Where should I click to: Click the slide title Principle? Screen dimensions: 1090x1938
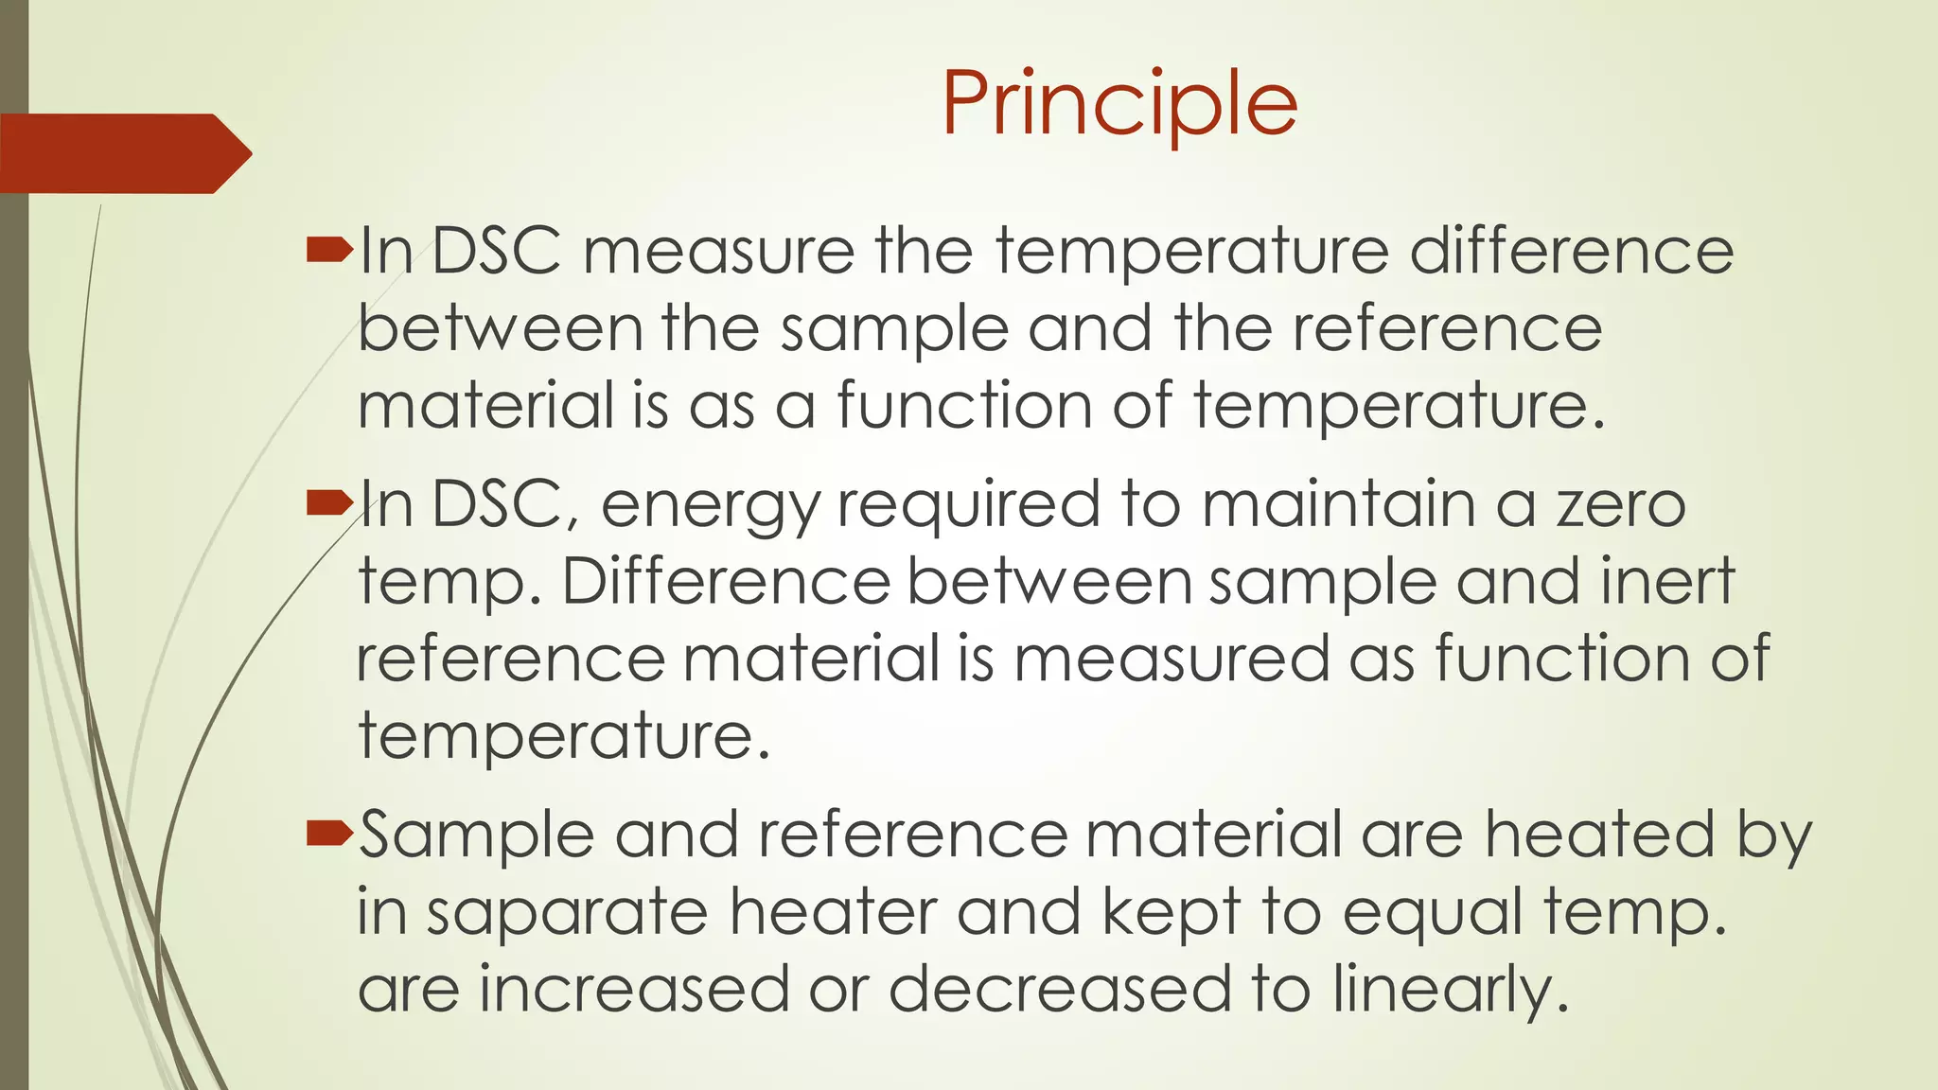(1119, 104)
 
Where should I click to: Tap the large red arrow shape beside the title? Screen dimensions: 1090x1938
(123, 153)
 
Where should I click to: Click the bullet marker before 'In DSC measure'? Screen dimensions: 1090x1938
(329, 250)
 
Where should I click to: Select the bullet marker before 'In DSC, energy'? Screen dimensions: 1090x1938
(329, 503)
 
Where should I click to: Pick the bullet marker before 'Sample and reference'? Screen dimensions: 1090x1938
(329, 834)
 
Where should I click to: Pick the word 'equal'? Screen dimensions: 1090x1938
(1434, 914)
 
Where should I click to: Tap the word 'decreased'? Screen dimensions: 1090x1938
(1061, 989)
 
